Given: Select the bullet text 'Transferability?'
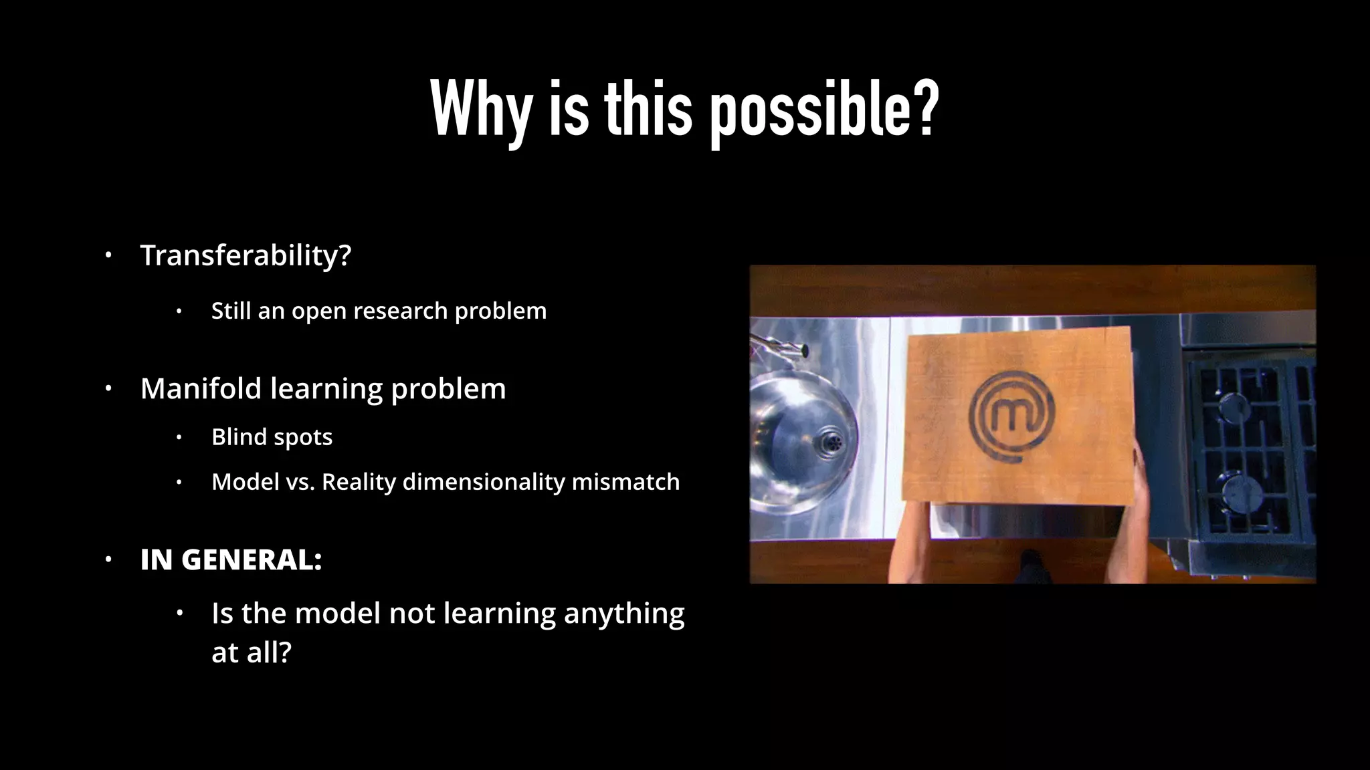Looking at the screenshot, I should click(246, 255).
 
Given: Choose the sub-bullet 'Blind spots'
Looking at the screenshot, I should click(272, 437).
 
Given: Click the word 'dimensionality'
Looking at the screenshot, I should click(484, 482).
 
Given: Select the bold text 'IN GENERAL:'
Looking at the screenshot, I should click(231, 559).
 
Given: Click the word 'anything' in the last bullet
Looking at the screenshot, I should click(623, 614).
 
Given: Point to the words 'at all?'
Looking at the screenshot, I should click(252, 652).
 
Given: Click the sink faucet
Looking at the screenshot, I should click(779, 348).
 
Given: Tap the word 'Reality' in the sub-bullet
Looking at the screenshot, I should click(359, 482).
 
